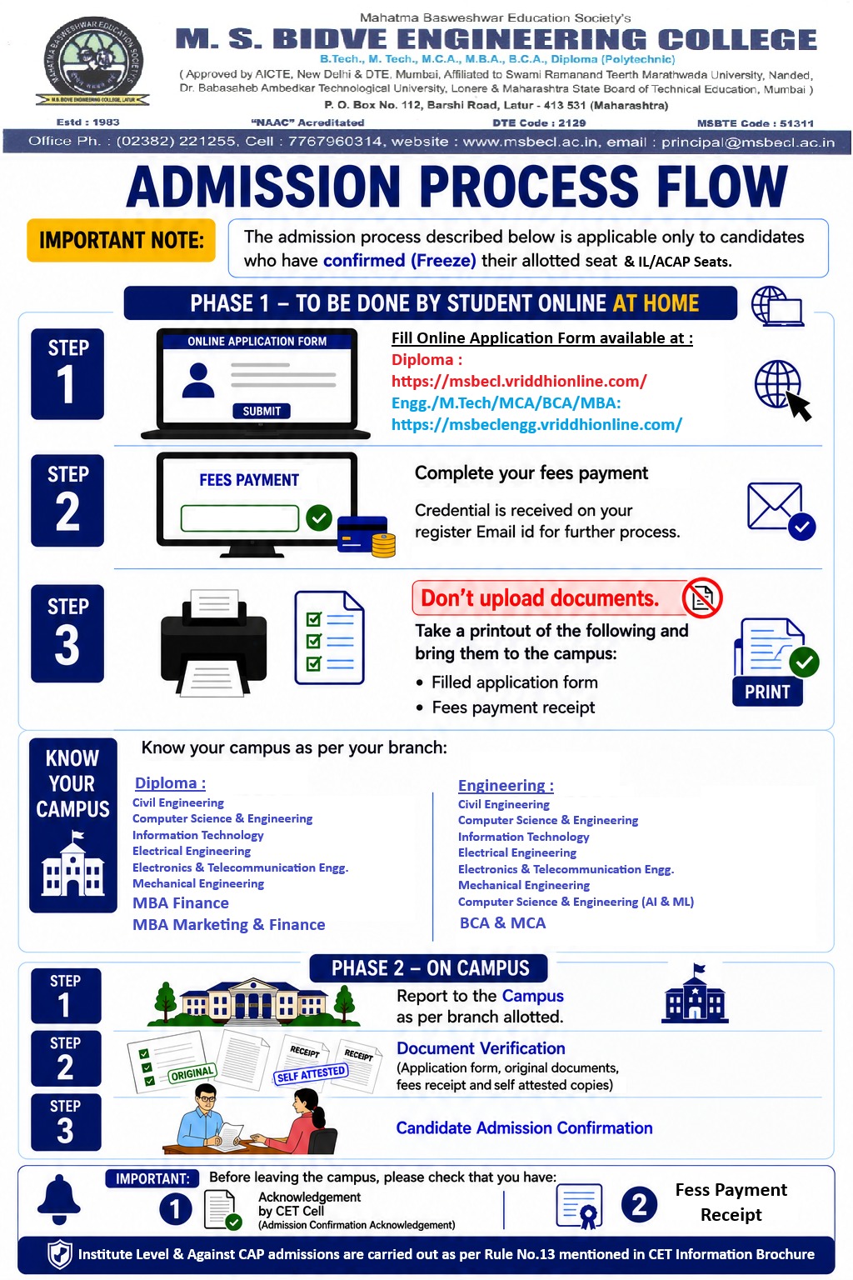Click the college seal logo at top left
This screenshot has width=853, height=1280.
pyautogui.click(x=92, y=62)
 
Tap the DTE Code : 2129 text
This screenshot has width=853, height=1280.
pyautogui.click(x=539, y=122)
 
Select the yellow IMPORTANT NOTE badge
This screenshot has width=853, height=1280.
pyautogui.click(x=121, y=240)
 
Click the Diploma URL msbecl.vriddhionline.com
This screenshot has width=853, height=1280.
pyautogui.click(x=519, y=381)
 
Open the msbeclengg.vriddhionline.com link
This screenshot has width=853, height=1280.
pyautogui.click(x=536, y=424)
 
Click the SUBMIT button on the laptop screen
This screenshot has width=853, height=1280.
pyautogui.click(x=262, y=411)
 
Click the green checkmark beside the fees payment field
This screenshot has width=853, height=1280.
pyautogui.click(x=319, y=517)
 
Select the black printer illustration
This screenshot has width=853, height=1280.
pyautogui.click(x=214, y=642)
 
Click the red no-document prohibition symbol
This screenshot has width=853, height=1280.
pyautogui.click(x=702, y=597)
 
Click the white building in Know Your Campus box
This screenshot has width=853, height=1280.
pyautogui.click(x=72, y=864)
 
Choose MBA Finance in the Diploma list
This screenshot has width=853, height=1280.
pyautogui.click(x=181, y=902)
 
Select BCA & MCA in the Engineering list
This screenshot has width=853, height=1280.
pyautogui.click(x=503, y=922)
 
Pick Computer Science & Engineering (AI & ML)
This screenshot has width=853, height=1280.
pyautogui.click(x=576, y=902)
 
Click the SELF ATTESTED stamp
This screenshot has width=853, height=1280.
pyautogui.click(x=311, y=1073)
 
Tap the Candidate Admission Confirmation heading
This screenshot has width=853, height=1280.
pyautogui.click(x=525, y=1127)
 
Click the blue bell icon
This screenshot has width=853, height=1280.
pyautogui.click(x=59, y=1199)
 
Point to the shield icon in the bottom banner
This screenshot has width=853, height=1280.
pyautogui.click(x=59, y=1254)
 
